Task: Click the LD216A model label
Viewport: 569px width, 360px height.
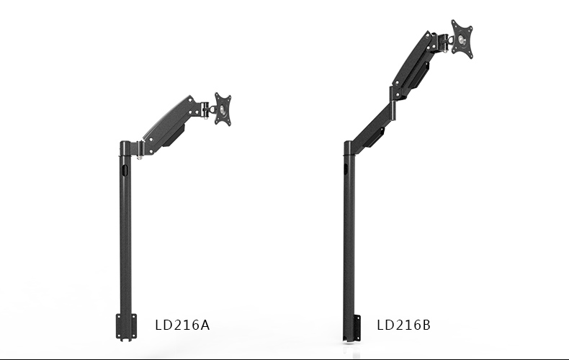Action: pos(182,325)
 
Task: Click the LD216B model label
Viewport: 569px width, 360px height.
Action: pos(403,325)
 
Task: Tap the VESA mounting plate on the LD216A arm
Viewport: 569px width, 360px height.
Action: pos(223,109)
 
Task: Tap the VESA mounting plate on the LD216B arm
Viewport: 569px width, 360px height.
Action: pos(462,39)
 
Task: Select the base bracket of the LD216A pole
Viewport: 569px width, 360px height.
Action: pos(126,327)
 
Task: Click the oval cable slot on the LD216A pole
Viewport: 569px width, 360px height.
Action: pos(125,170)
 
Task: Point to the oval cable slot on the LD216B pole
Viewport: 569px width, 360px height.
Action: pos(346,168)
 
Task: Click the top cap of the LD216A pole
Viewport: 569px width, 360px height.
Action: pos(125,144)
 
